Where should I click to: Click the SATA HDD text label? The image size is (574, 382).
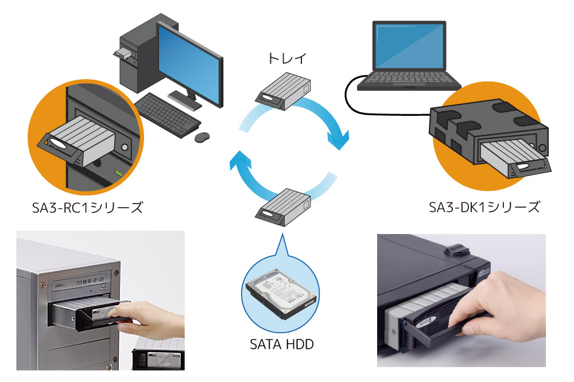click(x=282, y=344)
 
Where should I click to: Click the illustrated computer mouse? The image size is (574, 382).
click(x=202, y=137)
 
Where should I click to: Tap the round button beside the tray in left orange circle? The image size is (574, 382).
click(x=125, y=147)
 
